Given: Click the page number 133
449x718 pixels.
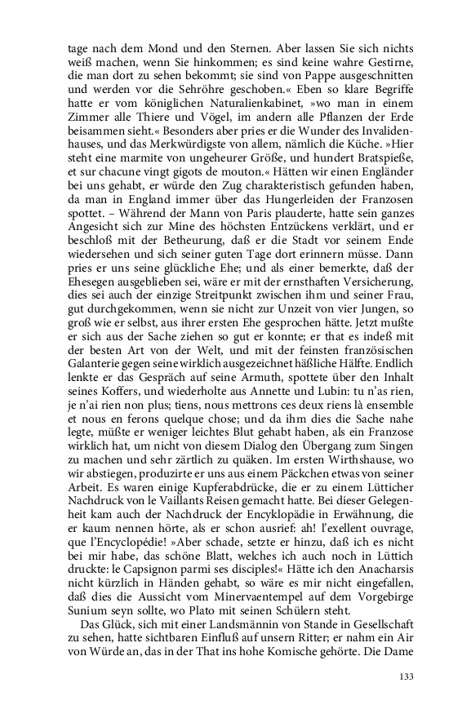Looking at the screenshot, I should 406,676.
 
